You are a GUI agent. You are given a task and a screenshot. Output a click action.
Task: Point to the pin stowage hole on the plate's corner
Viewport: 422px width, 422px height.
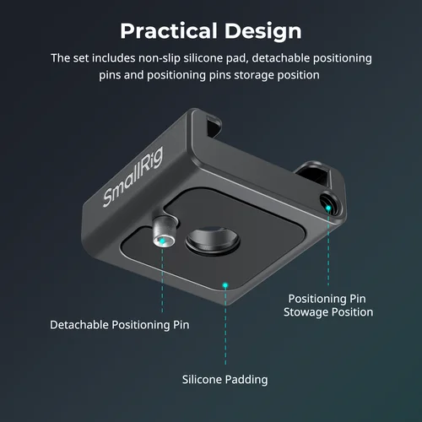coord(327,201)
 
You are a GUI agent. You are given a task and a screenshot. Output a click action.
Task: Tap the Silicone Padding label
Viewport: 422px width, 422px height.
coord(225,379)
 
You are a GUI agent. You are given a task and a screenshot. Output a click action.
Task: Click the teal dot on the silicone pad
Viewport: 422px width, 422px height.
coord(225,284)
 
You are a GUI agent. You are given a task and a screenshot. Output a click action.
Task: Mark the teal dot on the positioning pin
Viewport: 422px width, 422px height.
coord(161,240)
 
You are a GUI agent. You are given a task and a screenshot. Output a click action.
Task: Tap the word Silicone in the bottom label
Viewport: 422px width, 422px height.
coord(202,379)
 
